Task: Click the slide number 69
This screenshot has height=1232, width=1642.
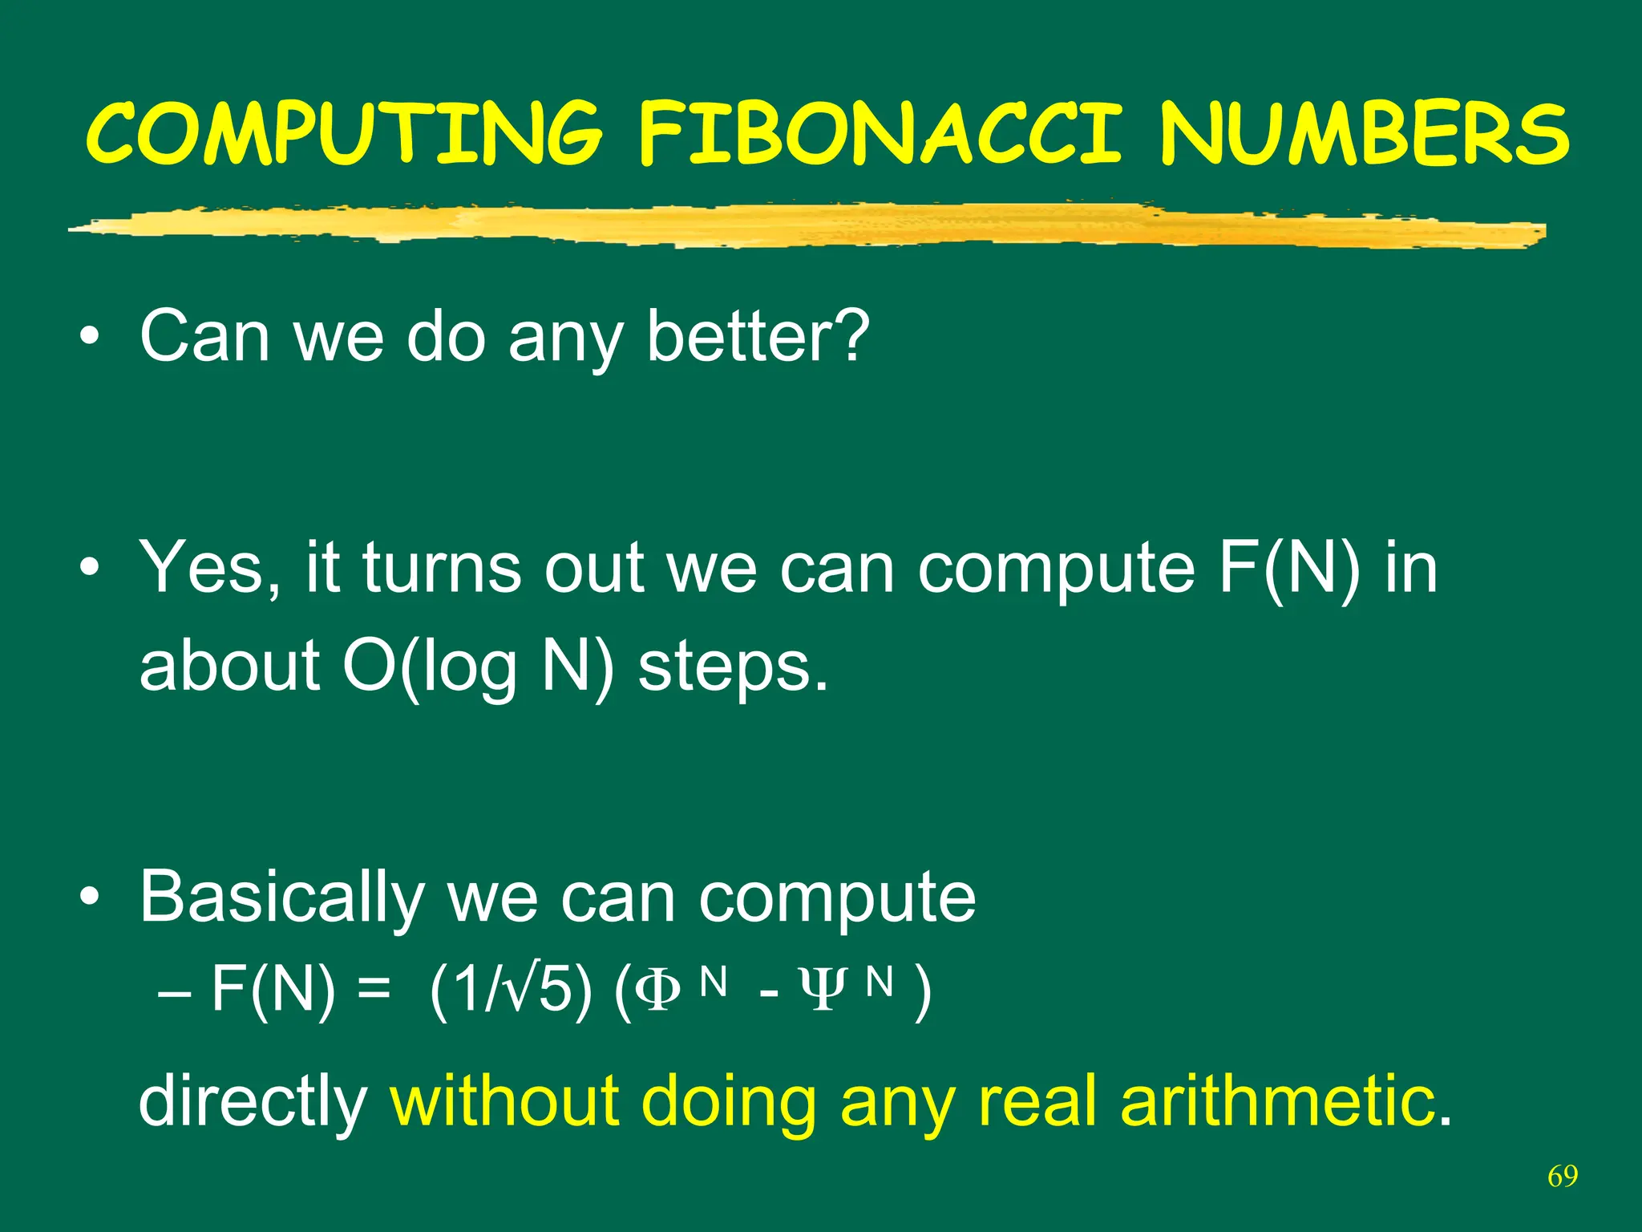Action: pyautogui.click(x=1563, y=1176)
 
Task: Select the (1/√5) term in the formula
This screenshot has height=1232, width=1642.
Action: pyautogui.click(x=511, y=991)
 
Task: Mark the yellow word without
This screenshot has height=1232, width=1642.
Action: pyautogui.click(x=504, y=1100)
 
